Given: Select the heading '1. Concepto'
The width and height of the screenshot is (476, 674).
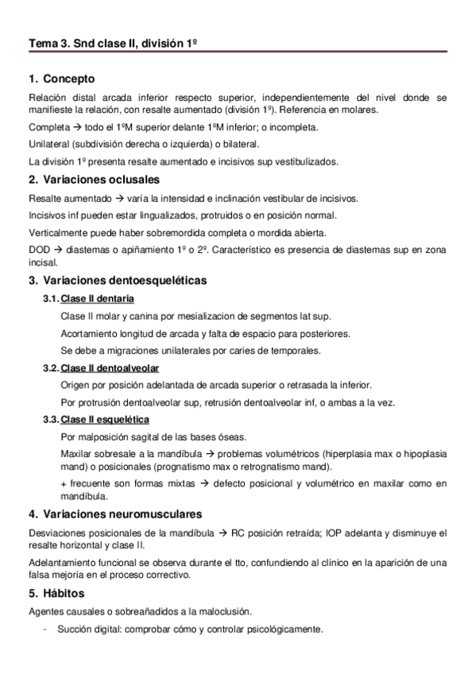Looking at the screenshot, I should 61,79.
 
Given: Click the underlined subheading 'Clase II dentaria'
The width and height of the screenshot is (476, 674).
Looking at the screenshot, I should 97,299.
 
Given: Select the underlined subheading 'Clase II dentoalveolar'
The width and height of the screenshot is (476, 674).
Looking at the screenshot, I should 110,368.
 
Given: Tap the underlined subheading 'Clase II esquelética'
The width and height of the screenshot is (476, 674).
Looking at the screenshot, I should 105,419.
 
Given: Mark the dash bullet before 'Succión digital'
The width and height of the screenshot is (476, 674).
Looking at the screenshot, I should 47,629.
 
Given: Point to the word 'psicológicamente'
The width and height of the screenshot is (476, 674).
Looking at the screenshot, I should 284,629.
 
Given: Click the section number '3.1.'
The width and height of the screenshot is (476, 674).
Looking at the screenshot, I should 51,299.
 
